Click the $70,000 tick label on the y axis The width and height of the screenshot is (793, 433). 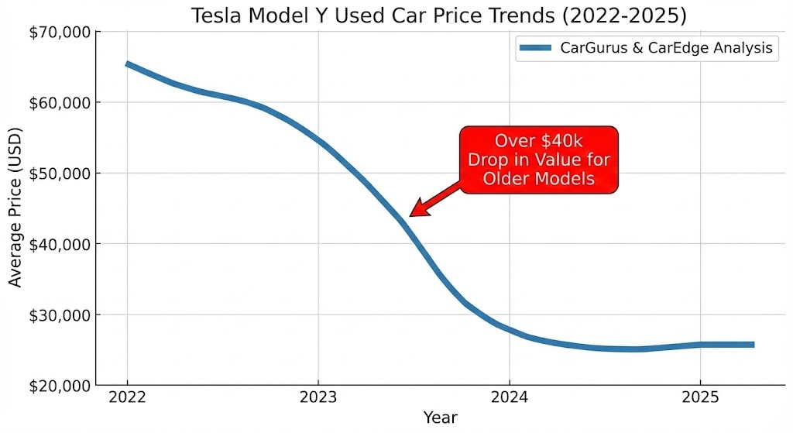(59, 32)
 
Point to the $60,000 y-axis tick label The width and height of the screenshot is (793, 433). (59, 102)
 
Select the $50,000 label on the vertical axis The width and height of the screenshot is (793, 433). (59, 174)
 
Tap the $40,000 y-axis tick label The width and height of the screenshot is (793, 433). (59, 244)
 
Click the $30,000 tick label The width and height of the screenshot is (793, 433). (59, 315)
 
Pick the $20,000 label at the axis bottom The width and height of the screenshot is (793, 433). (59, 386)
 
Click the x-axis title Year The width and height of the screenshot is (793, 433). (441, 418)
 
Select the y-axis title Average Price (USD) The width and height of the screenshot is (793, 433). (15, 208)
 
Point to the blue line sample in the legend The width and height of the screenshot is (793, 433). (535, 48)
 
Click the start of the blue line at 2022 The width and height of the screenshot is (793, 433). (127, 64)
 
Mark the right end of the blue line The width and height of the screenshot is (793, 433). (753, 345)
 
